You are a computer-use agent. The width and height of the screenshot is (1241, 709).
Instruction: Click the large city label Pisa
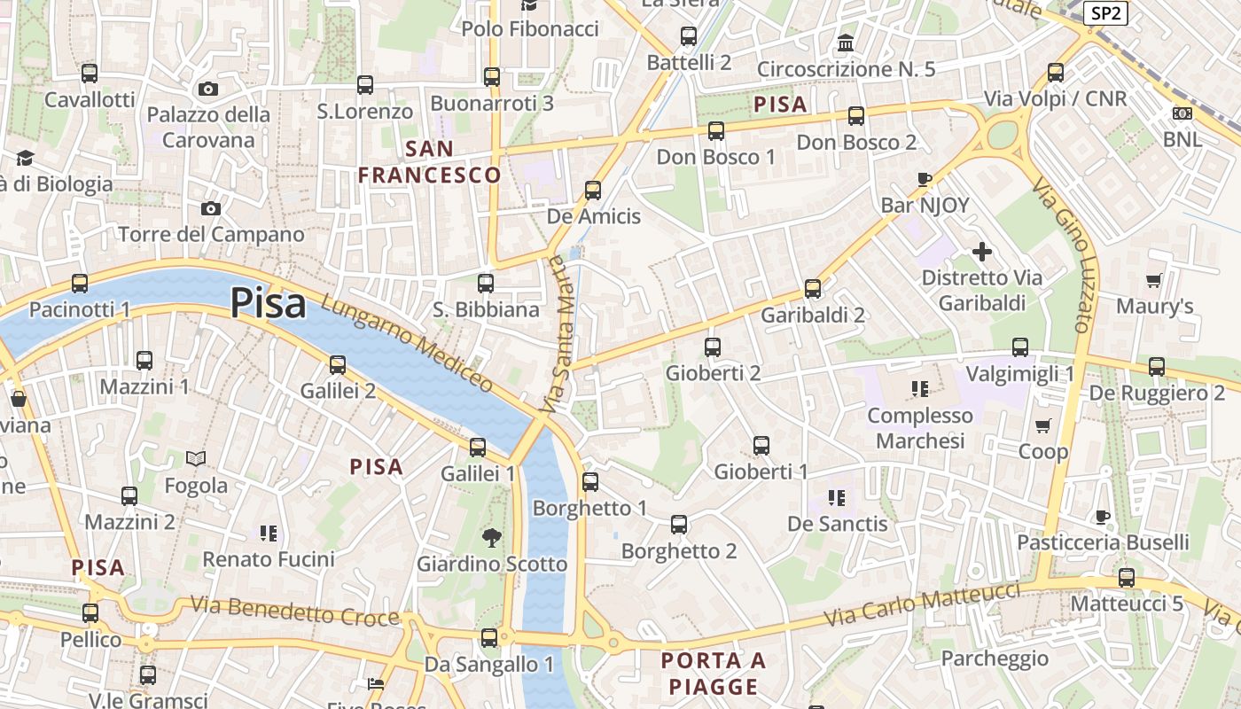[x=268, y=304]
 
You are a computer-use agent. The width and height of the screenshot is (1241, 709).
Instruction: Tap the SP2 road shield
[x=1106, y=12]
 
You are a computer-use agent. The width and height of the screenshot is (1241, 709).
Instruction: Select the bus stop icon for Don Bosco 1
[x=716, y=131]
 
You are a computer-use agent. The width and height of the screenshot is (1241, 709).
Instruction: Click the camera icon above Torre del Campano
[x=211, y=208]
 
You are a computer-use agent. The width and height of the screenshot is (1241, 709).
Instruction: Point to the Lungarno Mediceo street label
[x=408, y=343]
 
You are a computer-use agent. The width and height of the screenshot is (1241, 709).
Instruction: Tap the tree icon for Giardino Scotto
[x=491, y=537]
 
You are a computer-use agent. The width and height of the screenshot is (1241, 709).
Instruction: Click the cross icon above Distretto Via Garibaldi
[x=982, y=252]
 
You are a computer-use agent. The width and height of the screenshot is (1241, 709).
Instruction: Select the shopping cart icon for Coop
[x=1043, y=425]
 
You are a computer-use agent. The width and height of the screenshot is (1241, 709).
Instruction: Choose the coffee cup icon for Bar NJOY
[x=925, y=179]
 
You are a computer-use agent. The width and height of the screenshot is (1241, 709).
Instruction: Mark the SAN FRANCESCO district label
[x=430, y=162]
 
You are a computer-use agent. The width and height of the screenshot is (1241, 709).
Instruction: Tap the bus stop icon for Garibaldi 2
[x=813, y=289]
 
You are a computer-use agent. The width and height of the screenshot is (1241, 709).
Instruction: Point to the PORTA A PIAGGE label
[x=714, y=674]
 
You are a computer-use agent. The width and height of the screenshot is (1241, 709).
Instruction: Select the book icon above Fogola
[x=196, y=459]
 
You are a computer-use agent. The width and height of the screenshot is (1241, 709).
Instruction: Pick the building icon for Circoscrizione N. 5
[x=846, y=43]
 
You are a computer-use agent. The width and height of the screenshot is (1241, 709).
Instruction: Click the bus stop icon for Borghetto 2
[x=679, y=525]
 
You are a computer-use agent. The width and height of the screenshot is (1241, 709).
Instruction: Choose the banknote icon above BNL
[x=1182, y=113]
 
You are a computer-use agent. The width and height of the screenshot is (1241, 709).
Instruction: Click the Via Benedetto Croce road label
[x=295, y=612]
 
